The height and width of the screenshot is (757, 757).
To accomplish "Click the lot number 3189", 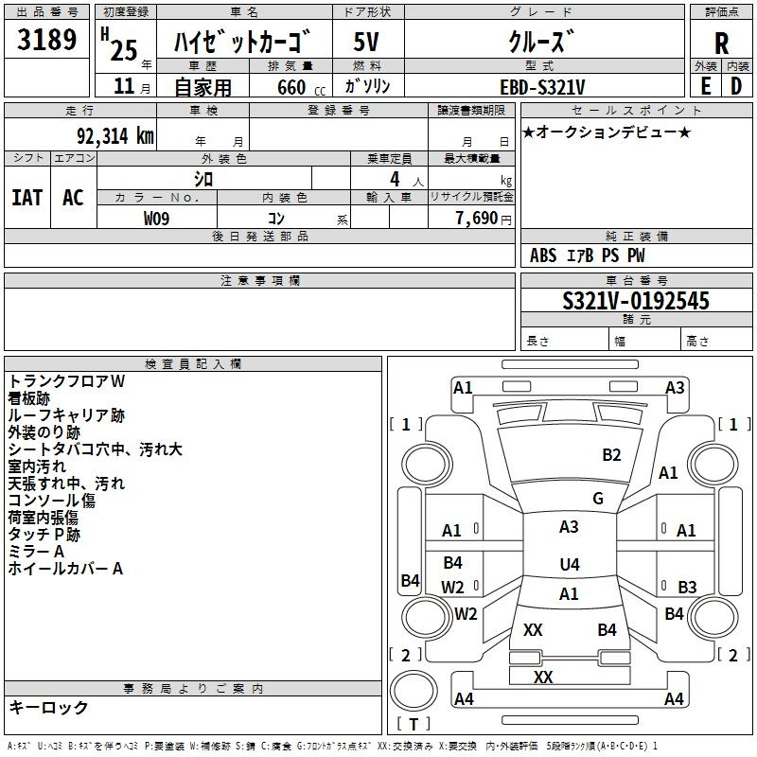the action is (46, 39).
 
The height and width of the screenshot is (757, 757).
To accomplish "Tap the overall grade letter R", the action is (721, 44).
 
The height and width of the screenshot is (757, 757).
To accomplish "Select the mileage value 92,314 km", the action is (115, 136).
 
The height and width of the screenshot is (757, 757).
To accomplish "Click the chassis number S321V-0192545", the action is (636, 301).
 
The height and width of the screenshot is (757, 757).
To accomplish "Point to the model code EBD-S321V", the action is (542, 87).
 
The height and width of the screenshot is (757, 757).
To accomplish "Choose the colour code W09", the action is (156, 219).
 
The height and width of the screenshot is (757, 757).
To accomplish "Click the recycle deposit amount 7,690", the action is (477, 219).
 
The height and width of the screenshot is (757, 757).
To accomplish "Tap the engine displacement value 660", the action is (291, 87).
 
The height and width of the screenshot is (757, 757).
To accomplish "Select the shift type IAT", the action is (27, 198).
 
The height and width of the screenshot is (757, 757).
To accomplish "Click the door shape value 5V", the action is (366, 42).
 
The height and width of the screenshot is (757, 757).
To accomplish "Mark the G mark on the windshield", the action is (598, 499).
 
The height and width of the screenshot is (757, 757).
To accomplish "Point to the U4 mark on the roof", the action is (570, 564).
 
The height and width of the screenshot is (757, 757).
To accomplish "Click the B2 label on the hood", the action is (611, 455).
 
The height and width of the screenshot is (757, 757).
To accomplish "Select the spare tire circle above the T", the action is (414, 691).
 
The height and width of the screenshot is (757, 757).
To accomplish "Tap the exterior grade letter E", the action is (705, 86).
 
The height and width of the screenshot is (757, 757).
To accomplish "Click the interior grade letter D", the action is (736, 86).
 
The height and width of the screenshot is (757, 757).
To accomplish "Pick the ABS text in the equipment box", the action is (543, 255).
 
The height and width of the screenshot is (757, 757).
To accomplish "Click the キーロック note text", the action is (48, 707).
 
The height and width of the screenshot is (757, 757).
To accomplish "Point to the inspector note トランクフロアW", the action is (66, 381).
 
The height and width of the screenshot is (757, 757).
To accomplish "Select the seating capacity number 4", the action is (395, 179).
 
